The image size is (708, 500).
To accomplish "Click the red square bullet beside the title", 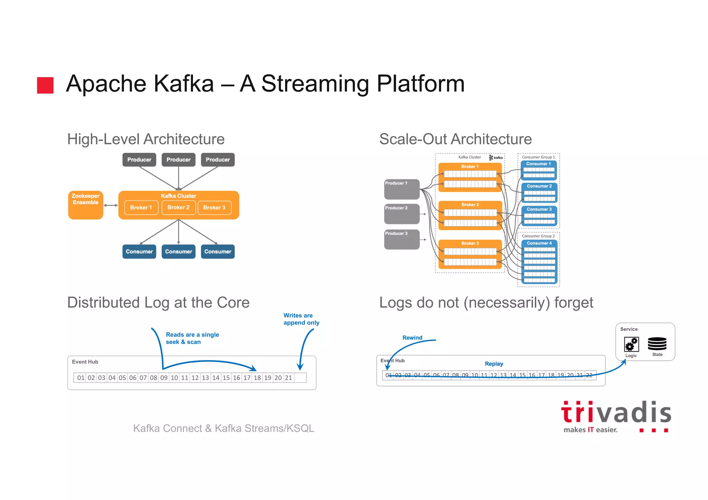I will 45,85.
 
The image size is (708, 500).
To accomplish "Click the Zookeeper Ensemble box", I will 85,205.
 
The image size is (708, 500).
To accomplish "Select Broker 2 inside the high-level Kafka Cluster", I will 178,207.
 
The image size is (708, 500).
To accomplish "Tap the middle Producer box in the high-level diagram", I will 178,160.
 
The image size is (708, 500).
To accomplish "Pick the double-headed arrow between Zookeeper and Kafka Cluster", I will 111,205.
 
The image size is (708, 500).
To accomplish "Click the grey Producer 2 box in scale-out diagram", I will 402,214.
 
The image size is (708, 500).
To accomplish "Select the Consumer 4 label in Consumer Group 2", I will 539,243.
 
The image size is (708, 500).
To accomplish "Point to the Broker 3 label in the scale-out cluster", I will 470,243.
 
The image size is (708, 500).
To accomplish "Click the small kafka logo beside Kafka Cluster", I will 496,158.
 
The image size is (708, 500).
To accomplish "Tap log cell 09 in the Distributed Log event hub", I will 164,378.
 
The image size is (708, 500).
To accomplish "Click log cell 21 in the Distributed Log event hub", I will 288,378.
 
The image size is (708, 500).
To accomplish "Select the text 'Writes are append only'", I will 301,319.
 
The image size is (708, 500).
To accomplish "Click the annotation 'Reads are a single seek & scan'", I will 192,338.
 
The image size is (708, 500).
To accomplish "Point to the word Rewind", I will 412,338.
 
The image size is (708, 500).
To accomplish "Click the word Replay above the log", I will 494,364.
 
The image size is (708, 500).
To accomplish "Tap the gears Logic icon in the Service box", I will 631,345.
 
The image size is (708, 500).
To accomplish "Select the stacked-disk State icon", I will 657,344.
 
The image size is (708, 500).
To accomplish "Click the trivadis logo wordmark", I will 616,413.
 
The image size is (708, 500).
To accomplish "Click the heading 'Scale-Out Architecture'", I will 455,139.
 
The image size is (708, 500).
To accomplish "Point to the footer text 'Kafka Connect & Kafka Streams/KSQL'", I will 224,428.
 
